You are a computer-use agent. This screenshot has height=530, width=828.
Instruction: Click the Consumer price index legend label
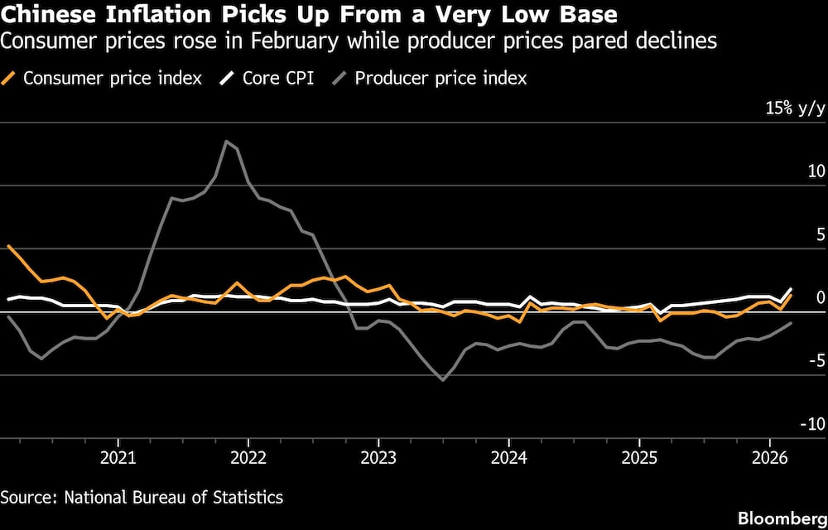click(112, 79)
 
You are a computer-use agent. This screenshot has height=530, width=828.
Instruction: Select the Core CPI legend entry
click(277, 79)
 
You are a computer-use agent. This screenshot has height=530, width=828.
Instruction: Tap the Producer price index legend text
click(440, 79)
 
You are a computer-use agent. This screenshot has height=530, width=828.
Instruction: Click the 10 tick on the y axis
click(816, 171)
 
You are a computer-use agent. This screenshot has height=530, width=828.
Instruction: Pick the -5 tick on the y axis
click(816, 361)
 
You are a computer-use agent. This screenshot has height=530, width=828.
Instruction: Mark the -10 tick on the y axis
click(813, 424)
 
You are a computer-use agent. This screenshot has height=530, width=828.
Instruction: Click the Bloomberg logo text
click(783, 518)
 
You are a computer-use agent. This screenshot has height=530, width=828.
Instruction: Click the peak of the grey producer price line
click(226, 141)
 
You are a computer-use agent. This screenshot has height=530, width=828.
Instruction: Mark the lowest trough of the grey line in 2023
click(443, 380)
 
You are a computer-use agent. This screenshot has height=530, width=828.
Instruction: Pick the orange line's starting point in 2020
click(7, 245)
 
